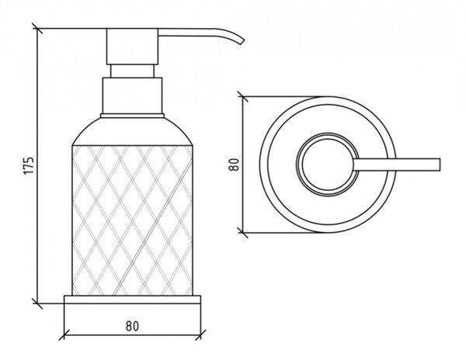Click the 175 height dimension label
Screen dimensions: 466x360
point(30,165)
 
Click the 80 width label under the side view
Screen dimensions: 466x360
point(132,326)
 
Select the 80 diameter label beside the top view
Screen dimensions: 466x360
point(235,164)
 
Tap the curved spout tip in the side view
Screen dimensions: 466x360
point(241,41)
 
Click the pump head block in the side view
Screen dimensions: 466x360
point(132,47)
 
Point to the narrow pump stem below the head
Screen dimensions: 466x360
point(132,71)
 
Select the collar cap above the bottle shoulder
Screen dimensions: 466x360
point(132,95)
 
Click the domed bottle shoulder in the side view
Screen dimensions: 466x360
point(132,132)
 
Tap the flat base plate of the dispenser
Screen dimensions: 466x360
point(132,299)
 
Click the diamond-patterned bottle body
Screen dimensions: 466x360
point(132,220)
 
